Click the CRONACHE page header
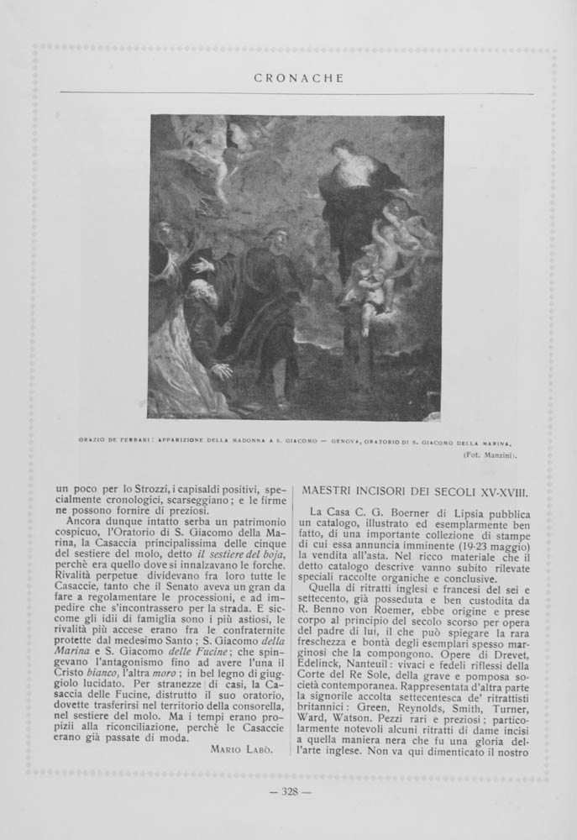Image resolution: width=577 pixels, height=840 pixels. coord(288,78)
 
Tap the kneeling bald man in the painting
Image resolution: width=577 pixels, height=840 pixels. coord(204,323)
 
